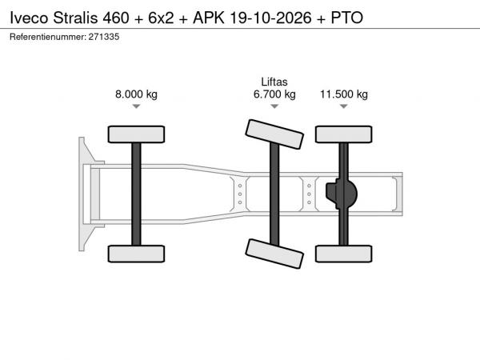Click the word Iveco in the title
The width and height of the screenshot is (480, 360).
[29, 18]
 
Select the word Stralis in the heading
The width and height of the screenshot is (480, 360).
[75, 18]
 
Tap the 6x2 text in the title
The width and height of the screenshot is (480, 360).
[161, 18]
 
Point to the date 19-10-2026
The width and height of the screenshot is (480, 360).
[270, 18]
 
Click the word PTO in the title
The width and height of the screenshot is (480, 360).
[347, 18]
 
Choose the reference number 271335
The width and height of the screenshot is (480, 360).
[104, 37]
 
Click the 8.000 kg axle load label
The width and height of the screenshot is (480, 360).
[136, 94]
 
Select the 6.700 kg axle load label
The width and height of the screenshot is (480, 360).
[274, 94]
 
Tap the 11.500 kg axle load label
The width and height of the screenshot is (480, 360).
[344, 94]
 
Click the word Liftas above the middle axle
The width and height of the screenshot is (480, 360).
[274, 82]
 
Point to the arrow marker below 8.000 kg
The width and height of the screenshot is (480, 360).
[136, 106]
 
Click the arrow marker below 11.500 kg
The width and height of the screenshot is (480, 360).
[344, 106]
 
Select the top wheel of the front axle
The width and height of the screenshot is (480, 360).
[136, 134]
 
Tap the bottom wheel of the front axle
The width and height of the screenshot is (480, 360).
[136, 254]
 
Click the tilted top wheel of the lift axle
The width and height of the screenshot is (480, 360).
[274, 134]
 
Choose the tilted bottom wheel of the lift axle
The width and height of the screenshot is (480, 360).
[274, 254]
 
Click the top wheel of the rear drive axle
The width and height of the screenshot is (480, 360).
[344, 134]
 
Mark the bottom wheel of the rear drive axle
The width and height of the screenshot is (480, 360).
[344, 254]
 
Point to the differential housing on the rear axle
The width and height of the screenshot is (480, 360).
[342, 194]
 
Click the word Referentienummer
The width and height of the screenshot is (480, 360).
[48, 37]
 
